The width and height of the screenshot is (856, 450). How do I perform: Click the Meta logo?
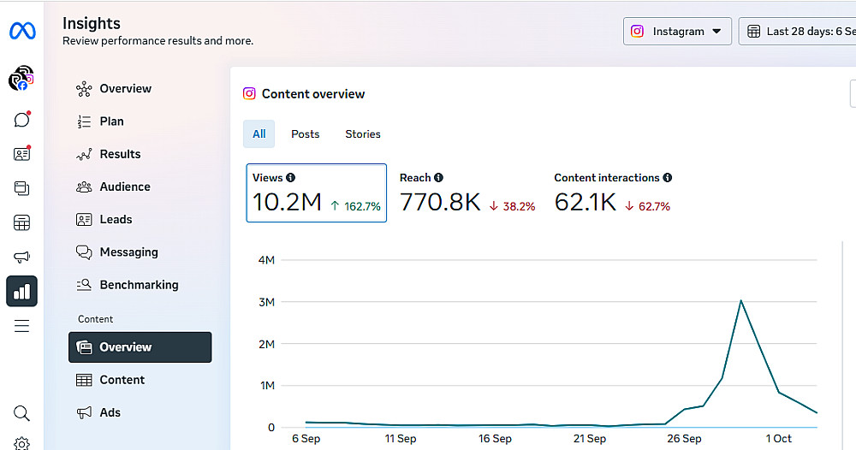22,32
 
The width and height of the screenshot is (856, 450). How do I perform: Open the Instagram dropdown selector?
677,32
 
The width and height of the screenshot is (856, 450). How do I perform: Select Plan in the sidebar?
111,121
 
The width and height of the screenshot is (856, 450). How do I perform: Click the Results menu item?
120,154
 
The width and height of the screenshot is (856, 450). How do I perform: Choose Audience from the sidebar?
124,187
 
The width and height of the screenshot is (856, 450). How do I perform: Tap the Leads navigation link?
116,219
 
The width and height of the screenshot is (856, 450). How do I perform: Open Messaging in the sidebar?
128,252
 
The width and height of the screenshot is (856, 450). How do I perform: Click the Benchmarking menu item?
139,285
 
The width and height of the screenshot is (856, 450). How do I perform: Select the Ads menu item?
110,412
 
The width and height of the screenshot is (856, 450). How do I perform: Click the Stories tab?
363,134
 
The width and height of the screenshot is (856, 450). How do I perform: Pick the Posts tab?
305,134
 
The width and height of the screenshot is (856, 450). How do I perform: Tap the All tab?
259,134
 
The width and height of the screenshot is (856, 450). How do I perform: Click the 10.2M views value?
287,203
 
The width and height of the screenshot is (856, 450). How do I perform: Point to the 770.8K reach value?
440,203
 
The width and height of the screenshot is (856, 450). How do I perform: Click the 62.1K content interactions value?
586,203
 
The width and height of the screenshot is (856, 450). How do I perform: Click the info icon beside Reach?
438,178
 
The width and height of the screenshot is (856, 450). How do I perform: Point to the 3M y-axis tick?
265,302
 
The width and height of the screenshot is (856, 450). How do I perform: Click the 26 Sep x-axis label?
684,439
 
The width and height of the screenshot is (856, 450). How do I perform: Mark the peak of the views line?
740,300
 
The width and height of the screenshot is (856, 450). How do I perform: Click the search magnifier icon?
22,413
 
